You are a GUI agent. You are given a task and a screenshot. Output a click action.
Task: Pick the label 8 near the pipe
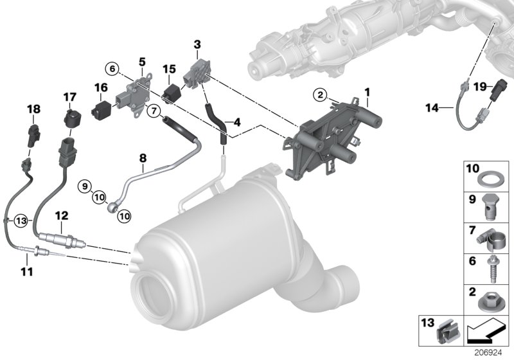143,156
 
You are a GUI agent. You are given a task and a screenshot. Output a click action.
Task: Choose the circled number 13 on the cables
21,220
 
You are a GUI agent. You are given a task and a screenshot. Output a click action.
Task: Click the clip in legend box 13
445,332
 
